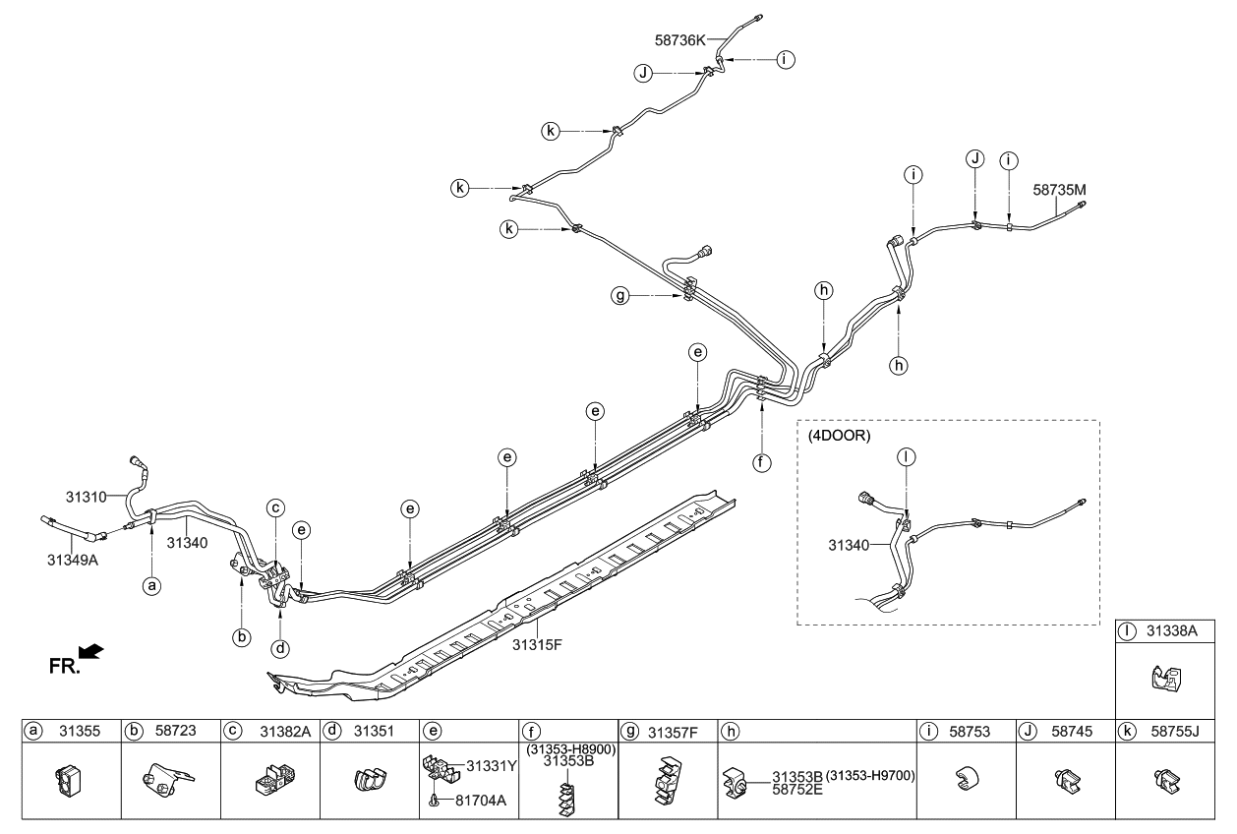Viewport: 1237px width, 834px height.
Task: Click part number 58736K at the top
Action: click(680, 41)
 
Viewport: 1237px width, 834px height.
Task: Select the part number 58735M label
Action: click(1060, 189)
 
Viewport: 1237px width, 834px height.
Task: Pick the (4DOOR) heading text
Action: click(838, 436)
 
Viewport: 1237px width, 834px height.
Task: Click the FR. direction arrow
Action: click(89, 652)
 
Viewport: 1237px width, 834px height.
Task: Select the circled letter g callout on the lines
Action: click(647, 296)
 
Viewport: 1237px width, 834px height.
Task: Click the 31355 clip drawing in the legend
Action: click(69, 780)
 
